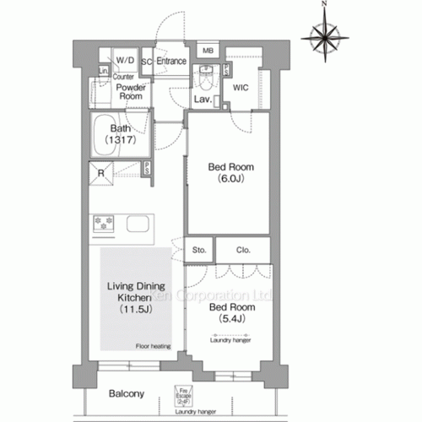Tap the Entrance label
coord(171,61)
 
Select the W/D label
coord(125,61)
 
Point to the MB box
coord(208,51)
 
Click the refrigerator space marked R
coord(101,176)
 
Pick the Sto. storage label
coord(199,251)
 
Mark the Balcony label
coord(126,393)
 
